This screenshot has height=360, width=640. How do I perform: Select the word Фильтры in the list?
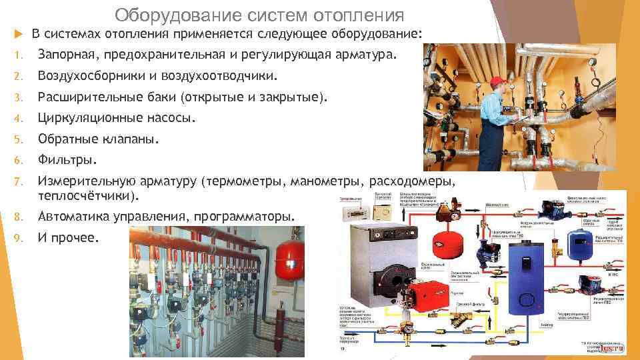tap(67, 160)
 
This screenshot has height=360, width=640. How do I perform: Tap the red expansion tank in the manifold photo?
tap(291, 262)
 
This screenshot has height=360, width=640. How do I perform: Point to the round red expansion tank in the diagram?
tap(445, 245)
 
